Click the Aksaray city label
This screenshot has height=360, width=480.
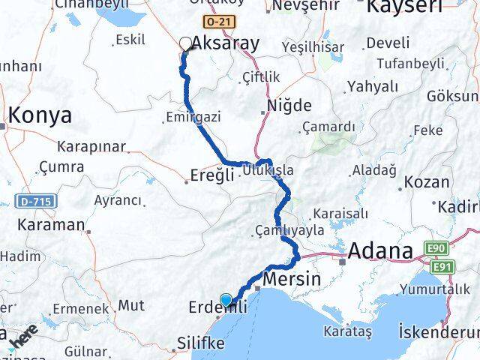[226, 43]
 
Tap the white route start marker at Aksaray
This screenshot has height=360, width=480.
[186, 43]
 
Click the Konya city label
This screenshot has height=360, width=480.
[40, 115]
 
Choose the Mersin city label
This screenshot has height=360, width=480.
[292, 279]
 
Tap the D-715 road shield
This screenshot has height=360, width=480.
[28, 203]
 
